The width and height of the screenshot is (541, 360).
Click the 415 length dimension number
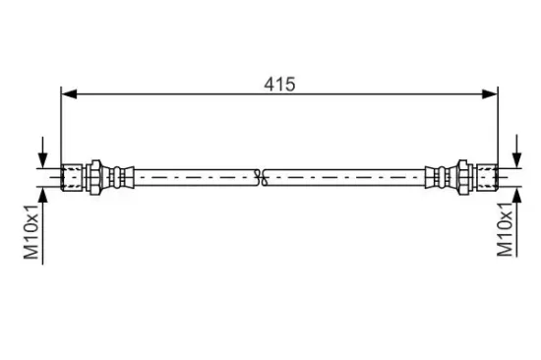pos(279,85)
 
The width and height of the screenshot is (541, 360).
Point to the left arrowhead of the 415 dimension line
pos(69,93)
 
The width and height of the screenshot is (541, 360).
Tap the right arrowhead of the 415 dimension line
pos(490,93)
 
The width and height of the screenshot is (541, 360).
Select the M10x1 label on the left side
pos(31,231)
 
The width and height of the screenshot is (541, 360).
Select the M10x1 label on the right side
pos(506,230)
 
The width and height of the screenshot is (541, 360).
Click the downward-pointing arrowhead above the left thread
pos(42,159)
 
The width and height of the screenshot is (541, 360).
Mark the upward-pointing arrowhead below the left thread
pos(42,196)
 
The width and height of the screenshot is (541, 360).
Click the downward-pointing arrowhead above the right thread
pos(516,159)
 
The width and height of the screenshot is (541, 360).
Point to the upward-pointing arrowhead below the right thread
pos(516,196)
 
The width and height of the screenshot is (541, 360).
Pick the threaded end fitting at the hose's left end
pos(72,177)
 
